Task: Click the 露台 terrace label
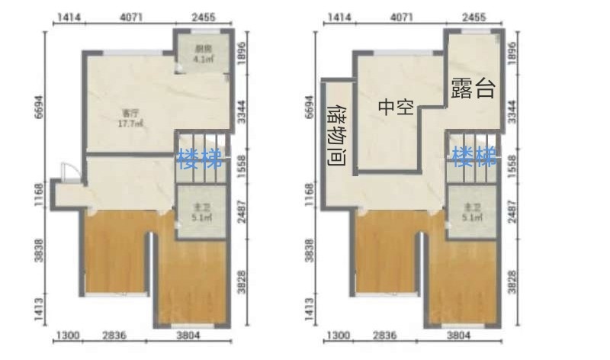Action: (473, 88)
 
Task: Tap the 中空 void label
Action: (396, 107)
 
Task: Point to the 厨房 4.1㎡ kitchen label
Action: (202, 55)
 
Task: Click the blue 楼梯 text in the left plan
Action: (200, 159)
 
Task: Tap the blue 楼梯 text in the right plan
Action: (474, 158)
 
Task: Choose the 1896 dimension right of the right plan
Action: (512, 55)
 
